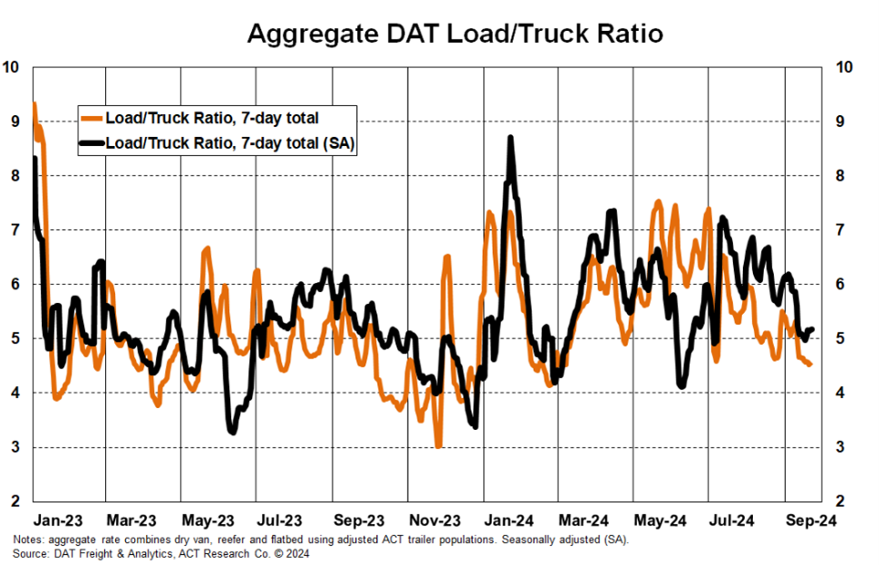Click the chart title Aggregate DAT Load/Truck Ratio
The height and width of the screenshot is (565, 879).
click(x=455, y=34)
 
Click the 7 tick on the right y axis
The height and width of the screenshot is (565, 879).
click(x=844, y=230)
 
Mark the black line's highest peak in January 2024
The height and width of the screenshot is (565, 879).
click(x=510, y=138)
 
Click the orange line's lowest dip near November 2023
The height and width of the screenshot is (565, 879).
click(x=439, y=446)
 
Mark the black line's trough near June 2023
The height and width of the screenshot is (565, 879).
click(x=233, y=432)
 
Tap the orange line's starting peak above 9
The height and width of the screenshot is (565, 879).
click(x=34, y=103)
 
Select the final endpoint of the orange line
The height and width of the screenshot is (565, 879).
click(x=810, y=365)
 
